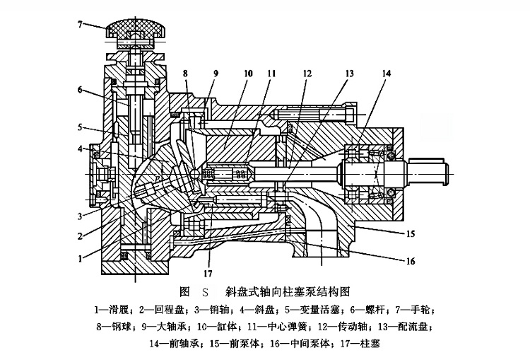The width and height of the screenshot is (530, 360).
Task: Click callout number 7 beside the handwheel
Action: click(x=82, y=24)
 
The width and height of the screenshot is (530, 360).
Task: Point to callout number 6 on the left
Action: click(x=81, y=89)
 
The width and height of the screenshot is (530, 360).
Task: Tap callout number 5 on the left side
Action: click(x=81, y=128)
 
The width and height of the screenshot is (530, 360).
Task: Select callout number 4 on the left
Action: click(x=81, y=149)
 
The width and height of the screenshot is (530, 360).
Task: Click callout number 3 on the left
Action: click(x=81, y=215)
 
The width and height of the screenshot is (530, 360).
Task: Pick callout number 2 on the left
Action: click(x=81, y=236)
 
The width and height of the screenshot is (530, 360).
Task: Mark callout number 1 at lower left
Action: click(x=81, y=258)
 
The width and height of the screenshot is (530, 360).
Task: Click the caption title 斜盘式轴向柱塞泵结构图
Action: click(x=287, y=291)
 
